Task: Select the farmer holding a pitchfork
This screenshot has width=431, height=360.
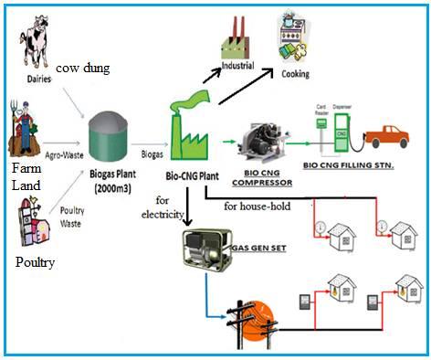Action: click(26, 128)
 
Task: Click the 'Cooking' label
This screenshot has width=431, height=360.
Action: click(295, 74)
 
